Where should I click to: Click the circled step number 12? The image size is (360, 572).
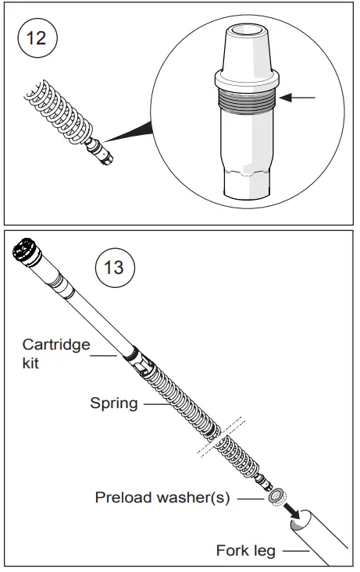click(37, 38)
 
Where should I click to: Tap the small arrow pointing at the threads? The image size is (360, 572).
click(299, 98)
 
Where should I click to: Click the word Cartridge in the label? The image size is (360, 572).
click(55, 344)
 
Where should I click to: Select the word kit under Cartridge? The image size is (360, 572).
click(32, 363)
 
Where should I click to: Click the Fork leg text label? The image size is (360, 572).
click(245, 551)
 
